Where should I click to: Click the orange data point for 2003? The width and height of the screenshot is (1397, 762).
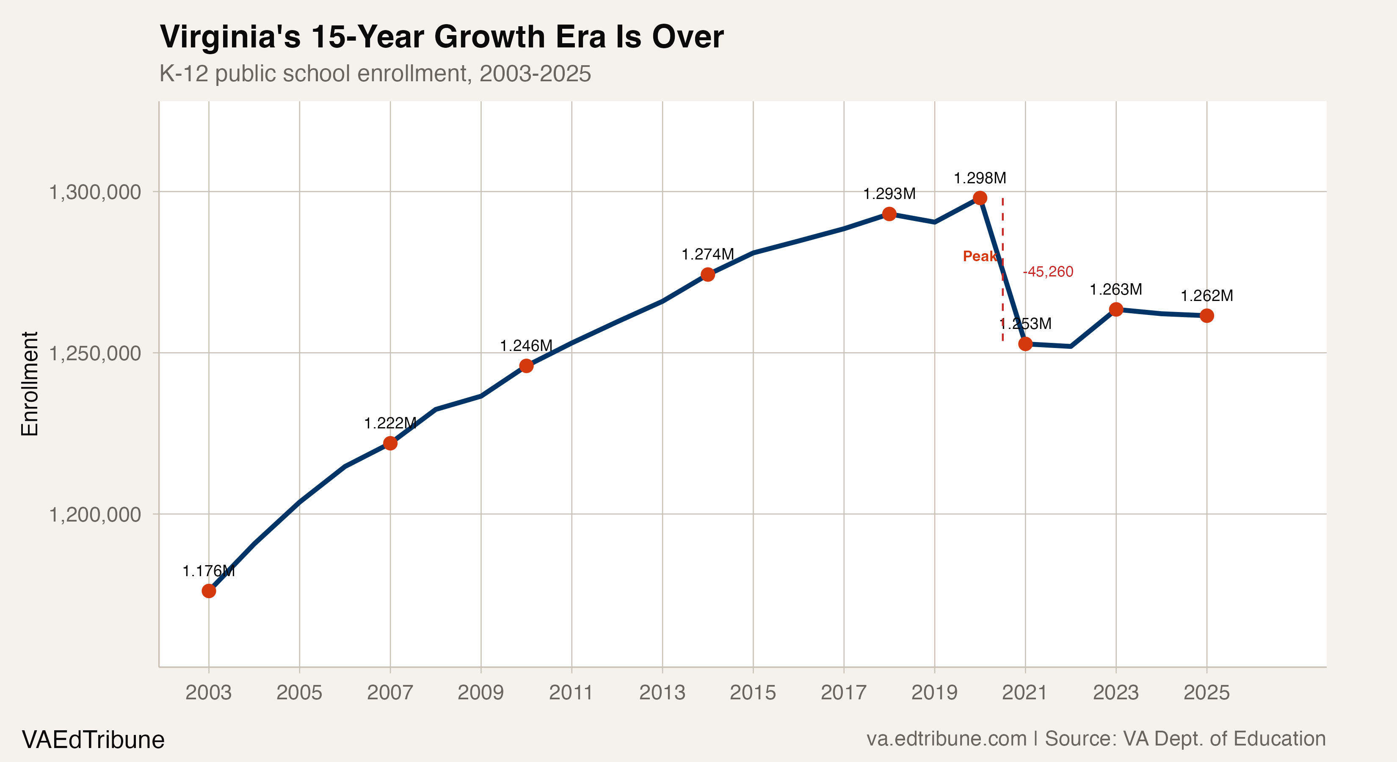(x=209, y=591)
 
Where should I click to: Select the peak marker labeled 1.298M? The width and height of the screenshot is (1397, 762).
(x=980, y=198)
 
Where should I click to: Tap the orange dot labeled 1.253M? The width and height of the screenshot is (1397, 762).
(x=1025, y=344)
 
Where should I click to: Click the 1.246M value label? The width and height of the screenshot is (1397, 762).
(x=526, y=346)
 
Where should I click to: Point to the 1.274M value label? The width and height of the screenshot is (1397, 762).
(x=708, y=254)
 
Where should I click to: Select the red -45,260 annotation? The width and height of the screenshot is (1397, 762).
(x=1048, y=272)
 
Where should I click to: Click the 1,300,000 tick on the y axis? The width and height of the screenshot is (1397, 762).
(x=95, y=192)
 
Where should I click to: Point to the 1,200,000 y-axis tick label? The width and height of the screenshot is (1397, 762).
(x=95, y=514)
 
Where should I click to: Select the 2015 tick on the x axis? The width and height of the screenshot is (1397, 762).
(x=753, y=693)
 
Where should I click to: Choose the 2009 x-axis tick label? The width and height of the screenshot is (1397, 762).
(x=480, y=693)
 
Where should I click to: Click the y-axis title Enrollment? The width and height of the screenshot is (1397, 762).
(x=30, y=384)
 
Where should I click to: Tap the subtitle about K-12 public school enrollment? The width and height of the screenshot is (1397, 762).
(x=375, y=74)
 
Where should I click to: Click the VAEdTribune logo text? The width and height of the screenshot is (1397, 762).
(x=93, y=740)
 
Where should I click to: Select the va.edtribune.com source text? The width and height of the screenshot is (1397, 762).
(x=946, y=739)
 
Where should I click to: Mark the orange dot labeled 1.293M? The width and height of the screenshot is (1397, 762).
(x=889, y=214)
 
